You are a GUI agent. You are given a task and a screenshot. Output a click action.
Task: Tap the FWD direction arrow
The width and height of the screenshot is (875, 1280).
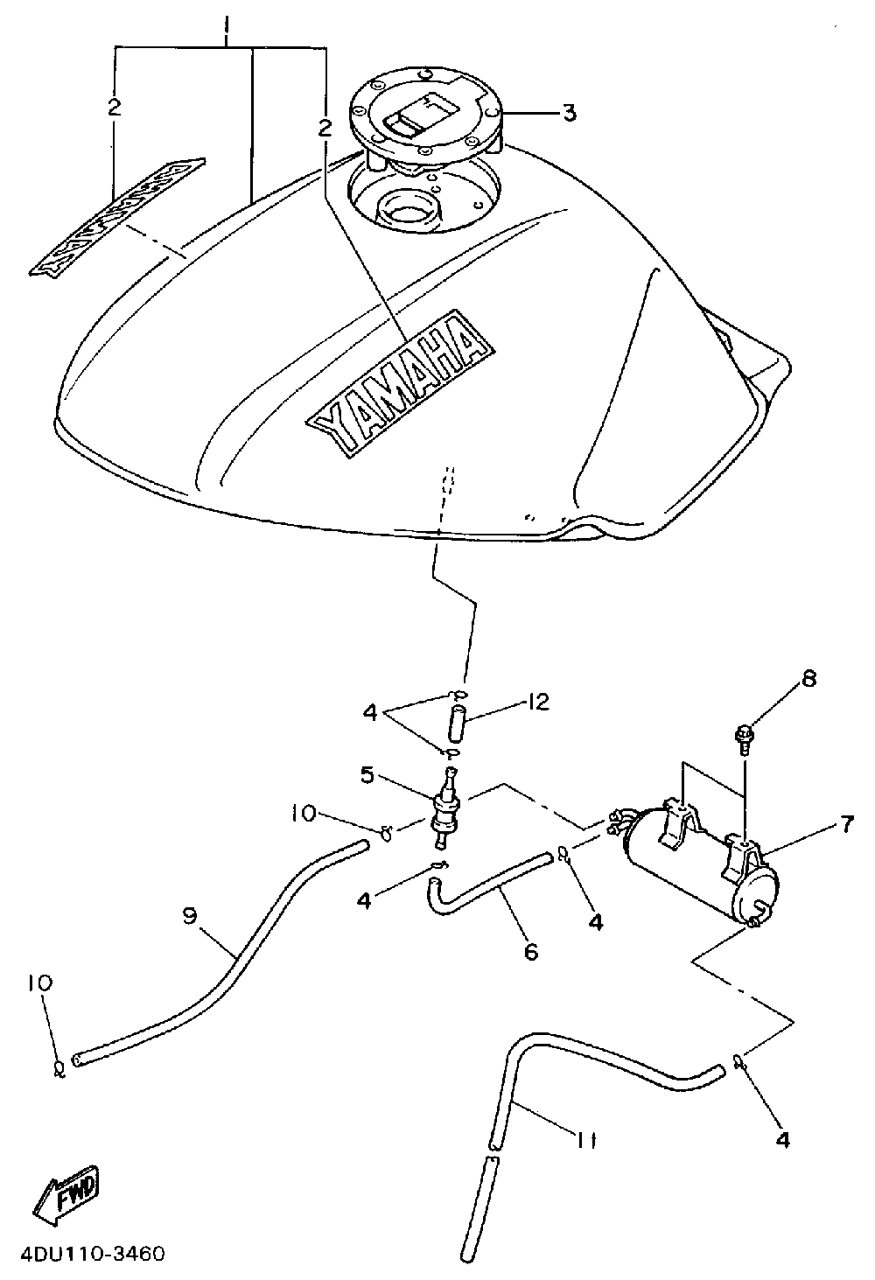tap(67, 1196)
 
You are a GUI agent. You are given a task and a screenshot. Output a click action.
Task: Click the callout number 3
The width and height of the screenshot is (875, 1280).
tap(569, 113)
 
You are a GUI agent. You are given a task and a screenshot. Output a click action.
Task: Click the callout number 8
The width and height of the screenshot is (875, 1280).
tap(808, 679)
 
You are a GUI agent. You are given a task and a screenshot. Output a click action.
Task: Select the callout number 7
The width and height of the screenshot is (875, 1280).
tap(846, 823)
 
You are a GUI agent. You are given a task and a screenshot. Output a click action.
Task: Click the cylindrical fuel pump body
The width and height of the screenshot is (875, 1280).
tap(691, 862)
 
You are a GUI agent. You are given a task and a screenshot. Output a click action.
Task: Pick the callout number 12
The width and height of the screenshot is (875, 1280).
tap(537, 703)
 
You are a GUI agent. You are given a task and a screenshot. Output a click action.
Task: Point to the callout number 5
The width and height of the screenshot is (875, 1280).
tap(367, 775)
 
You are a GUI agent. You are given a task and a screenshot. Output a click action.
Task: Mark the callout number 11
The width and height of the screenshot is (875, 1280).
tap(585, 1138)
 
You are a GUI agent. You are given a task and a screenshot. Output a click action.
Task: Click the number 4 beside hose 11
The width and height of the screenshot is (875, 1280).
tap(782, 1139)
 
